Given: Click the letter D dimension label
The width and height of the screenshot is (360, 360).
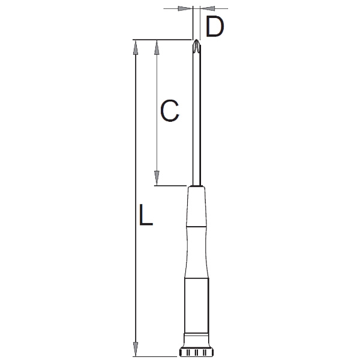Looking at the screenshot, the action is point(215,26).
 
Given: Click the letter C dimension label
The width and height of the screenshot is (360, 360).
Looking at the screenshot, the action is point(169,110).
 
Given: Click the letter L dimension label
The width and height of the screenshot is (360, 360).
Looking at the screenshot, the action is point(146,215).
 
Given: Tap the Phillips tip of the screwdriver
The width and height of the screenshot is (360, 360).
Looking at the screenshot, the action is point(196,46).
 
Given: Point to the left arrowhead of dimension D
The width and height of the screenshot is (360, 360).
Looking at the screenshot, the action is point(185,8).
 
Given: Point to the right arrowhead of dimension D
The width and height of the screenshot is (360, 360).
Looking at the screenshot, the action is point(208,8).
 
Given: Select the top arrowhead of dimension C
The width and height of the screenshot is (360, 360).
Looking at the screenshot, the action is point(157,47).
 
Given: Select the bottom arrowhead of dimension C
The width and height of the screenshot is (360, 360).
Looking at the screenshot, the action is point(157,178).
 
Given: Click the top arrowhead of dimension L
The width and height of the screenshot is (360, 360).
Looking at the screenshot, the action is point(136,47).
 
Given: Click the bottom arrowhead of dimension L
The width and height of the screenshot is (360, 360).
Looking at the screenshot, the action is point(136,349).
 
